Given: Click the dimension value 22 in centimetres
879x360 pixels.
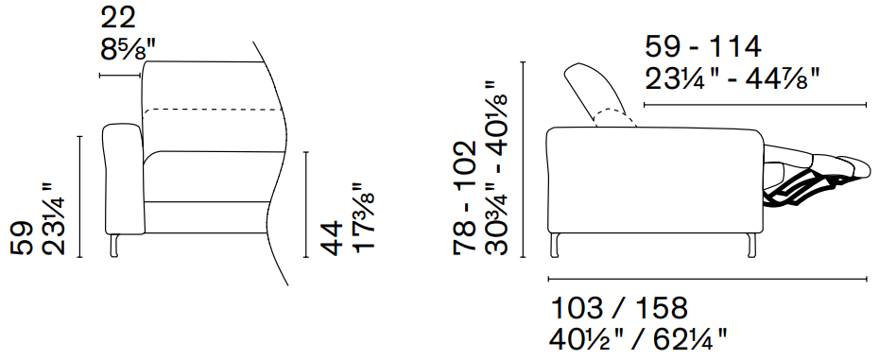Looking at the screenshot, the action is point(118,19).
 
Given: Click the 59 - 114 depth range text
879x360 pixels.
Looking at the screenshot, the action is point(703,47).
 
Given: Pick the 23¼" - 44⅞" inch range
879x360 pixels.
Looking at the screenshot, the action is point(732,79).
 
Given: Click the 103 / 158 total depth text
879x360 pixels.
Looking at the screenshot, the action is point(619,308).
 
